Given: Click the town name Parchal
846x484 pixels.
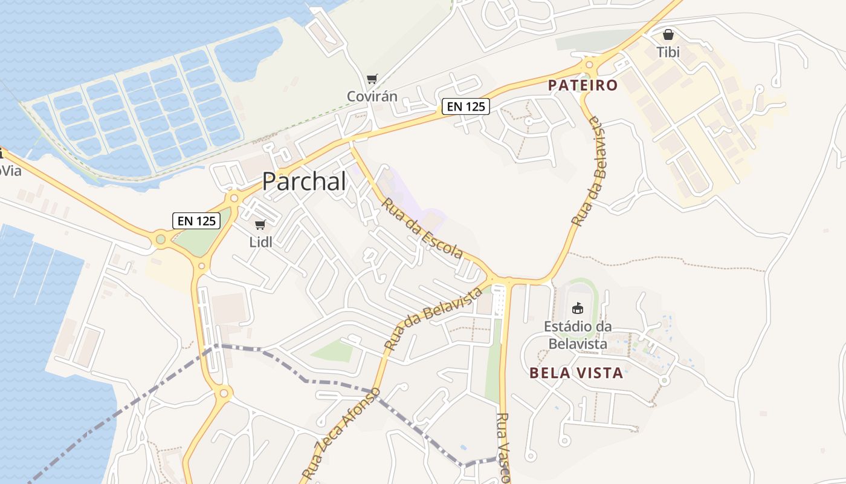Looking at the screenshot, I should click(304, 181).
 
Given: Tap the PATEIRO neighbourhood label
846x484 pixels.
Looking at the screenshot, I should click(583, 85).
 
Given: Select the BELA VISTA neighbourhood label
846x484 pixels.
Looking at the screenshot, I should click(576, 373).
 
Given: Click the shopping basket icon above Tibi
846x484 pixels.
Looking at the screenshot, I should click(668, 34).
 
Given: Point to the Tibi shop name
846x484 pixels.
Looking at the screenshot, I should click(668, 52).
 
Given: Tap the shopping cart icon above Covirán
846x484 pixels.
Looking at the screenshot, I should click(372, 79).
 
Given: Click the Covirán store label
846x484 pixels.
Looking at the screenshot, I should click(372, 96).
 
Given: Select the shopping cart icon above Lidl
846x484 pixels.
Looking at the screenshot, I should click(260, 225).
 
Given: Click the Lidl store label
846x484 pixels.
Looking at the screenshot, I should click(261, 242).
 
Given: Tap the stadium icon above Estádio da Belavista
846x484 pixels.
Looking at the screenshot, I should click(578, 308).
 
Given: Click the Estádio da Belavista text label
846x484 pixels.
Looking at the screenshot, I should click(577, 335).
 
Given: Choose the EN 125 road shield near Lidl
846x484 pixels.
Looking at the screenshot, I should click(196, 221).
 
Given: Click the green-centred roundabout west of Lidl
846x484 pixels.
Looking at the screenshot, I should click(160, 240).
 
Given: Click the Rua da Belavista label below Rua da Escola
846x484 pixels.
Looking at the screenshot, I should click(433, 319).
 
